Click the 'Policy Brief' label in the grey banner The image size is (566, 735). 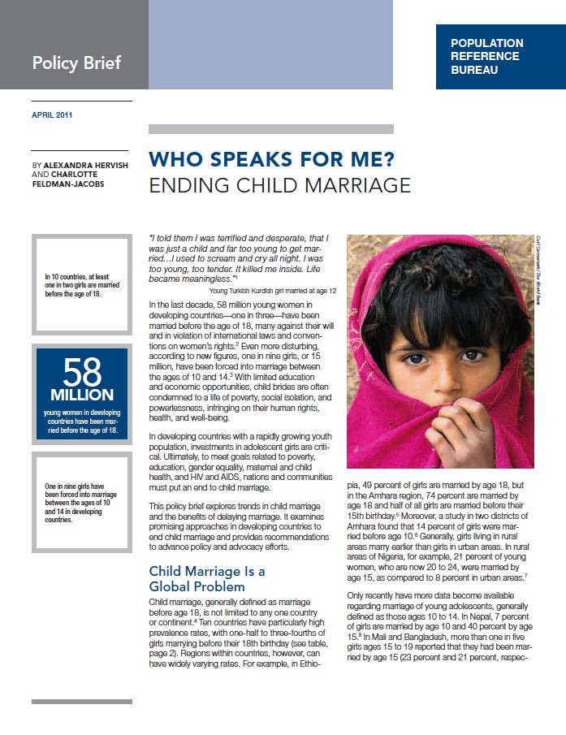(77, 62)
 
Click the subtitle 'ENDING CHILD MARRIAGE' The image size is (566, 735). (279, 185)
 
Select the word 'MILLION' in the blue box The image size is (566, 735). (81, 395)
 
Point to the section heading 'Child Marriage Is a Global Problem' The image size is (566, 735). (207, 578)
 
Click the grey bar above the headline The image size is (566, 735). (271, 128)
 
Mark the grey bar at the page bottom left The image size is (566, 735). (81, 701)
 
